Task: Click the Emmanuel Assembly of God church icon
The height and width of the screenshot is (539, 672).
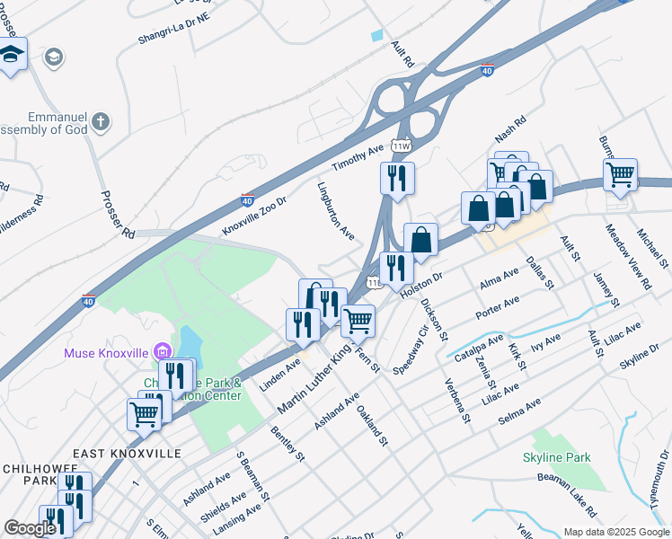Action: coord(102,120)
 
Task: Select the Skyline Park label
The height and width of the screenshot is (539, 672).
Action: coord(556,457)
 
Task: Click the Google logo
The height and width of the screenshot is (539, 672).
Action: coord(30,528)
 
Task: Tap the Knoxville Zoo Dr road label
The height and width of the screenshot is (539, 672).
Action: coord(253,215)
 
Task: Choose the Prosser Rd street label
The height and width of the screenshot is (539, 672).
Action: coord(118,215)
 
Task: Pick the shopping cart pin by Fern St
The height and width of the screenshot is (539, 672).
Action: coord(358,320)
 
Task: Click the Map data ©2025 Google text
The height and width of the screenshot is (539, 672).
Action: coord(615,532)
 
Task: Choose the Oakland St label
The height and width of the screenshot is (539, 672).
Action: coord(371,426)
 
